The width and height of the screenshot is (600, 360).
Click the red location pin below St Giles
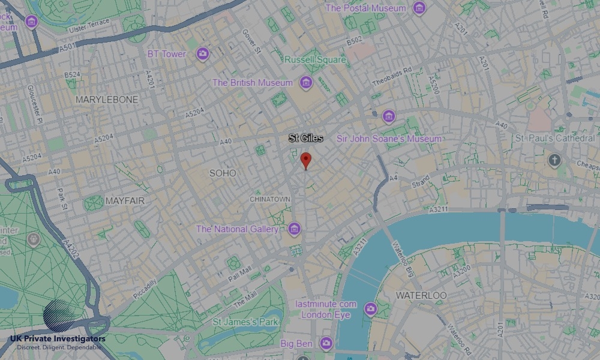pos(306,160)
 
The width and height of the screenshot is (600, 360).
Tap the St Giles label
pos(306,139)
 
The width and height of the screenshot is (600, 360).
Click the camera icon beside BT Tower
pos(203,54)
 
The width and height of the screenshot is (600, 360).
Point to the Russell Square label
pos(315,60)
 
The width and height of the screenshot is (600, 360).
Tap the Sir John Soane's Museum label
pos(389,139)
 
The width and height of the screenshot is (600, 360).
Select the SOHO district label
pos(223,173)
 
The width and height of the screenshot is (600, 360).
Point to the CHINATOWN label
pos(270,199)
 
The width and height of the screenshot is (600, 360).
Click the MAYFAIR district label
pos(125,201)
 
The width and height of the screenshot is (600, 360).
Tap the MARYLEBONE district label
pos(107,100)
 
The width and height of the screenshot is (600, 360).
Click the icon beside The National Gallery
pos(294,229)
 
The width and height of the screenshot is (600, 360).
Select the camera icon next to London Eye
pos(370,309)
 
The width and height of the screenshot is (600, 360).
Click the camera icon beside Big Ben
pos(326,343)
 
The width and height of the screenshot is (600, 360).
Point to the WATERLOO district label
pos(421,296)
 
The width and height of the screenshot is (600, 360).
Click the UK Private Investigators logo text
pos(58,339)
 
